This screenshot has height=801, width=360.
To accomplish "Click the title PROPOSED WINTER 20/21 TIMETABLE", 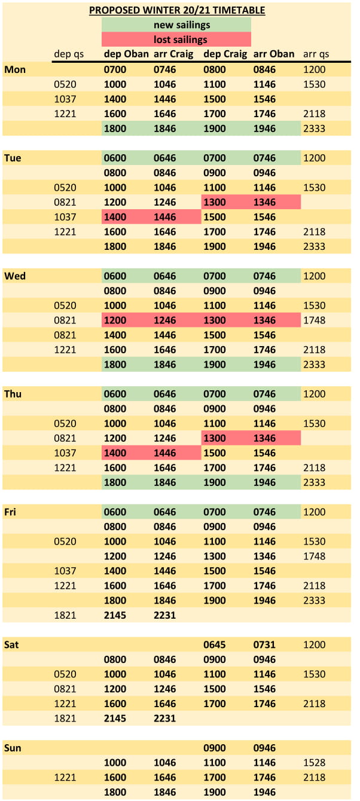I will click(x=177, y=10).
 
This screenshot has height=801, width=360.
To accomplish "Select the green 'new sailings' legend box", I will click(x=176, y=25).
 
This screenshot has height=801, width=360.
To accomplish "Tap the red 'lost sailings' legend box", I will click(x=176, y=40).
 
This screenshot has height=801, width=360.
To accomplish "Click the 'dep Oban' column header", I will click(x=126, y=54).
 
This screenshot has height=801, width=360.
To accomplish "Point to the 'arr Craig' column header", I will click(x=173, y=54).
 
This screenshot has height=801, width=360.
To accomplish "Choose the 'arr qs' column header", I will click(x=316, y=54).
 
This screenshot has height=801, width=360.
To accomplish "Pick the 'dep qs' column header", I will click(x=69, y=54).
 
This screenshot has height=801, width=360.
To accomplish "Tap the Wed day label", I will click(x=14, y=276).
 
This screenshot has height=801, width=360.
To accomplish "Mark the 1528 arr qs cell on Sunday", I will click(x=315, y=763).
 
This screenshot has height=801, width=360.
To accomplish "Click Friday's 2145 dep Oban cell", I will click(x=115, y=615).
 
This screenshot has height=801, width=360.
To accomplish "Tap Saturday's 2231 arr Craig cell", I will click(x=165, y=719).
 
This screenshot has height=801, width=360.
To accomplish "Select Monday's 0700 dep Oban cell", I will click(x=115, y=69).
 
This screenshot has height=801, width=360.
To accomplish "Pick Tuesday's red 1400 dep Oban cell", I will click(x=115, y=217).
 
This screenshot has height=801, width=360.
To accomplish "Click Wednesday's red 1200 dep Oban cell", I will click(x=115, y=320).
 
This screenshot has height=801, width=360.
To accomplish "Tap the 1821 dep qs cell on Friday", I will click(x=65, y=615).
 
